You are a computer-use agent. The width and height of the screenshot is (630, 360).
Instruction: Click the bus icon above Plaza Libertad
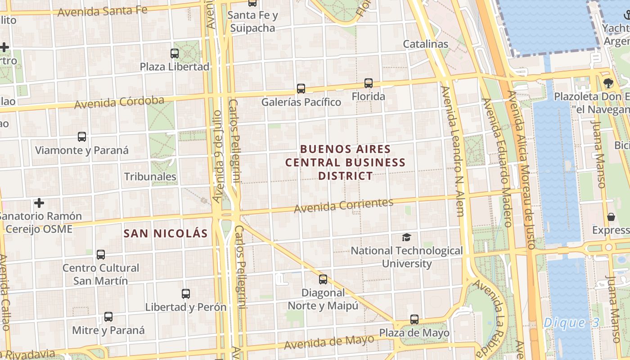point(175,53)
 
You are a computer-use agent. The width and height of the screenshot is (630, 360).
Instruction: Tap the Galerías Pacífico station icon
point(301,89)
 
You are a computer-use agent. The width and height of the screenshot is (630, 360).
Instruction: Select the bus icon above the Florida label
point(369,83)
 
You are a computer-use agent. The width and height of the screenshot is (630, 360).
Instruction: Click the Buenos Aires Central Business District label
point(346,162)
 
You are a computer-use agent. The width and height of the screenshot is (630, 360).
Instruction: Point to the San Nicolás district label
point(166,233)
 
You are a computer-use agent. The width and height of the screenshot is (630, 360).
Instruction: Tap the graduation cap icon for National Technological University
point(406,237)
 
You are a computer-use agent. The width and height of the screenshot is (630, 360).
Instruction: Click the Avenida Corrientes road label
point(344,205)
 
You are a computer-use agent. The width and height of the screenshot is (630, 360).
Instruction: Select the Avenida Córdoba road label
point(119,102)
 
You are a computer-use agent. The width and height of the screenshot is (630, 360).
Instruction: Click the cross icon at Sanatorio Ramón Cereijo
point(39,203)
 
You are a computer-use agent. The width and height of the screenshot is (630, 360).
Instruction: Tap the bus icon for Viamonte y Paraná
point(82,136)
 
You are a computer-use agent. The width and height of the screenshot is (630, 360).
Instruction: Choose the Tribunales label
point(150,176)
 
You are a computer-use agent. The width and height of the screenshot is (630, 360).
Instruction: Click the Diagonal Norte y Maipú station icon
point(323,279)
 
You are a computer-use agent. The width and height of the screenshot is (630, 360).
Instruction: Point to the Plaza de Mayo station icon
point(414,319)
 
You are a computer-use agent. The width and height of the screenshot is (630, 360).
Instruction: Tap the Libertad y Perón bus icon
point(186,294)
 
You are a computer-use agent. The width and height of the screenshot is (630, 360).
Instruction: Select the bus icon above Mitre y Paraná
point(108,316)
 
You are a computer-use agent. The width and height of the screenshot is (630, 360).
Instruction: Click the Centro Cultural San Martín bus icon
point(101,254)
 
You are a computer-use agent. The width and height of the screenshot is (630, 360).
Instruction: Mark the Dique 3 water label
point(571,323)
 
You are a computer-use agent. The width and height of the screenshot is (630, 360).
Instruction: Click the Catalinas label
point(425,44)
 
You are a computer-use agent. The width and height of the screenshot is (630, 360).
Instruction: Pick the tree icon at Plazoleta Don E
point(608,83)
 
